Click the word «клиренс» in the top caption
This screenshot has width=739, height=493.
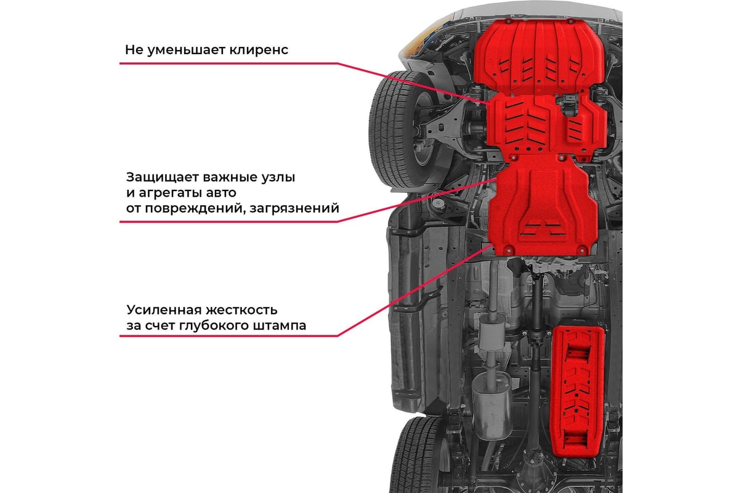[259, 50]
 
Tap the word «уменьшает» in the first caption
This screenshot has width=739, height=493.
[186, 51]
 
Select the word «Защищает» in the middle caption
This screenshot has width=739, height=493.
[163, 177]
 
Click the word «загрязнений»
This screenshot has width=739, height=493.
[294, 209]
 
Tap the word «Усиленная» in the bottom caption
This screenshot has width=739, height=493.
[164, 310]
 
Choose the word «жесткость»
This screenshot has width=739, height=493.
[241, 311]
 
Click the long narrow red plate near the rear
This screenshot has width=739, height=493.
[578, 391]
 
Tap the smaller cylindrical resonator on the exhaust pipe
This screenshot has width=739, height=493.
[491, 333]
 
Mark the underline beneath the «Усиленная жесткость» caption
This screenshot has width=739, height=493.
[229, 336]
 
